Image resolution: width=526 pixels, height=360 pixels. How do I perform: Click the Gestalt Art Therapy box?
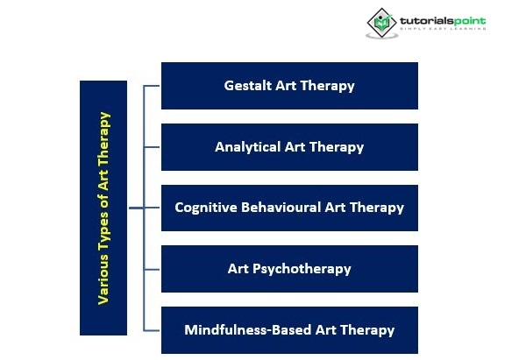pyautogui.click(x=289, y=86)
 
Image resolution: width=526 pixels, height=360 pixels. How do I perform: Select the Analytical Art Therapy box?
pyautogui.click(x=289, y=147)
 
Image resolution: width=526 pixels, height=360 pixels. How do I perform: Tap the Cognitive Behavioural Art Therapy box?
pyautogui.click(x=289, y=208)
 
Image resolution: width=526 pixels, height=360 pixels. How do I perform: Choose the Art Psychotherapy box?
pyautogui.click(x=289, y=269)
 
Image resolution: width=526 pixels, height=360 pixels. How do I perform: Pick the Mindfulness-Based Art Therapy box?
pyautogui.click(x=289, y=330)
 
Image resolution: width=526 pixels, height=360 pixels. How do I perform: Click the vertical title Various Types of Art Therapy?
pyautogui.click(x=103, y=208)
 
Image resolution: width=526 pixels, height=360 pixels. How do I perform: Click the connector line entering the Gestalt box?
pyautogui.click(x=152, y=86)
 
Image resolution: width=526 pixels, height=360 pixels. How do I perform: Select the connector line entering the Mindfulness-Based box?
pyautogui.click(x=152, y=330)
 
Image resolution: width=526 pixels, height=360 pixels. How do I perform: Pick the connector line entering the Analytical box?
pyautogui.click(x=152, y=147)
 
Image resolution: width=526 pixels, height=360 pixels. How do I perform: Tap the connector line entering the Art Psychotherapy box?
pyautogui.click(x=152, y=269)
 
